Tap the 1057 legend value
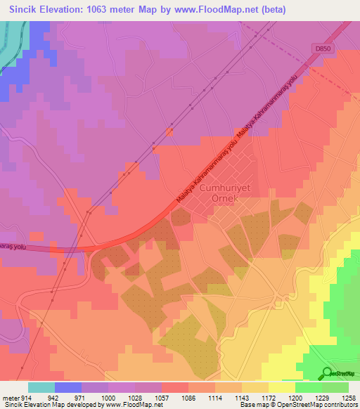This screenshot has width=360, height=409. coord(161,398)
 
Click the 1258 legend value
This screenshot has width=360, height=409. coord(349,398)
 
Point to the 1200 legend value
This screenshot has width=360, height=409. coord(295,398)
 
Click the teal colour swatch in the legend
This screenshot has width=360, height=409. coord(41,387)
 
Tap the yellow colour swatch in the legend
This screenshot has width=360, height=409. coord(281,387)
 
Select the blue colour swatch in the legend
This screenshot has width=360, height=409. coord(67,387)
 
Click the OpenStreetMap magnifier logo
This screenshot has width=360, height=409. coord(326,372)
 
